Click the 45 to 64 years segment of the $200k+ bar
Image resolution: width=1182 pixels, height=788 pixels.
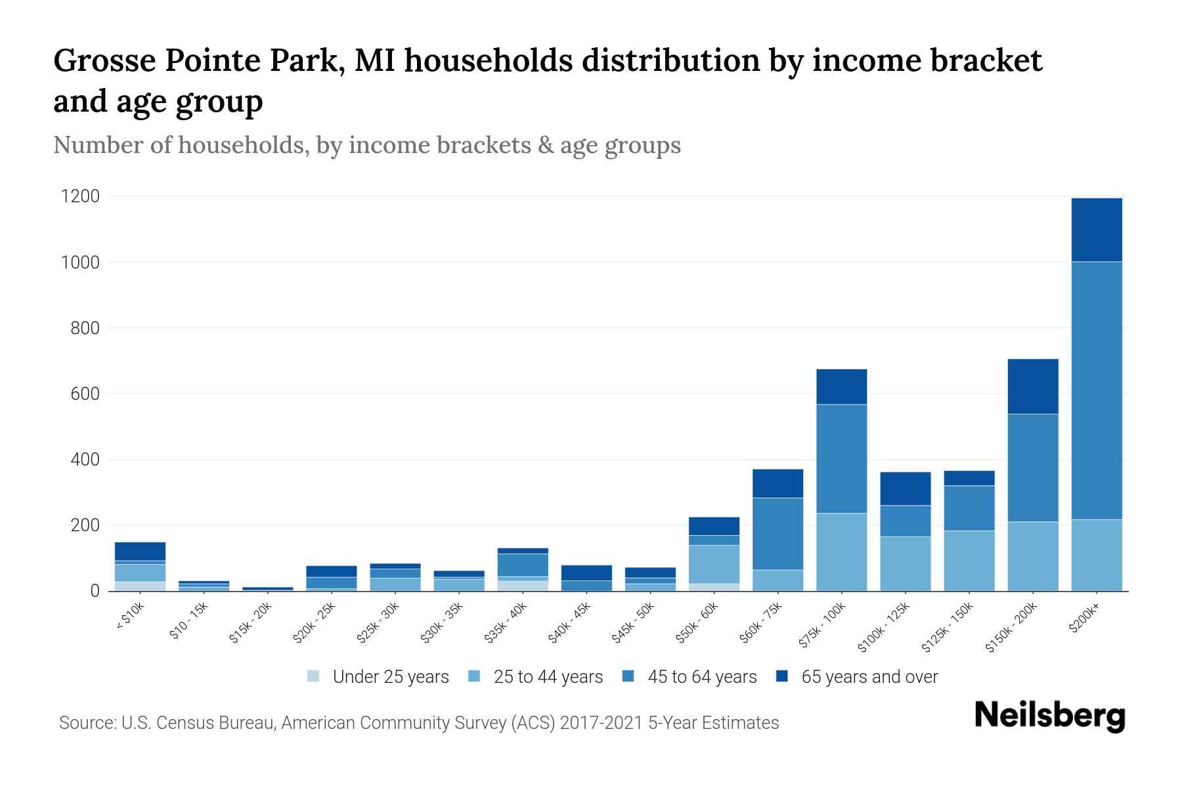[1096, 391]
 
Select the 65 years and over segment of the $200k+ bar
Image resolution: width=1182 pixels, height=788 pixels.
[1096, 230]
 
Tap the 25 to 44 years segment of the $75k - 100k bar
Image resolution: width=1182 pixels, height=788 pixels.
[841, 552]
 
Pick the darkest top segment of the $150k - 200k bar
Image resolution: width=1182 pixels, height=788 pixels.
[1032, 386]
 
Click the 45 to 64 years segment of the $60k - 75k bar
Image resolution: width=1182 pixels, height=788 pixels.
[777, 533]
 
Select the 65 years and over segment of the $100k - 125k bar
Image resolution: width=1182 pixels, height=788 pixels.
[905, 489]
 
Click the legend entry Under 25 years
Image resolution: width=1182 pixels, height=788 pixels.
[390, 677]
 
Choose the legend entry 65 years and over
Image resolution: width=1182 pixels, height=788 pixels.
[869, 677]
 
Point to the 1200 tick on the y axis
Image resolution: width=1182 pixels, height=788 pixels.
[80, 196]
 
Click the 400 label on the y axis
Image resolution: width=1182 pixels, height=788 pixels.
[85, 460]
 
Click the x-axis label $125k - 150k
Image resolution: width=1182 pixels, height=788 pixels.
[948, 627]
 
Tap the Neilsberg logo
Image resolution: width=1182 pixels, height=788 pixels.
[1049, 716]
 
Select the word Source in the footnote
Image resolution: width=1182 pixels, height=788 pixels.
[86, 723]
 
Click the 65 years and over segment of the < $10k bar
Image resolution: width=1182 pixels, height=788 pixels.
[140, 551]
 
